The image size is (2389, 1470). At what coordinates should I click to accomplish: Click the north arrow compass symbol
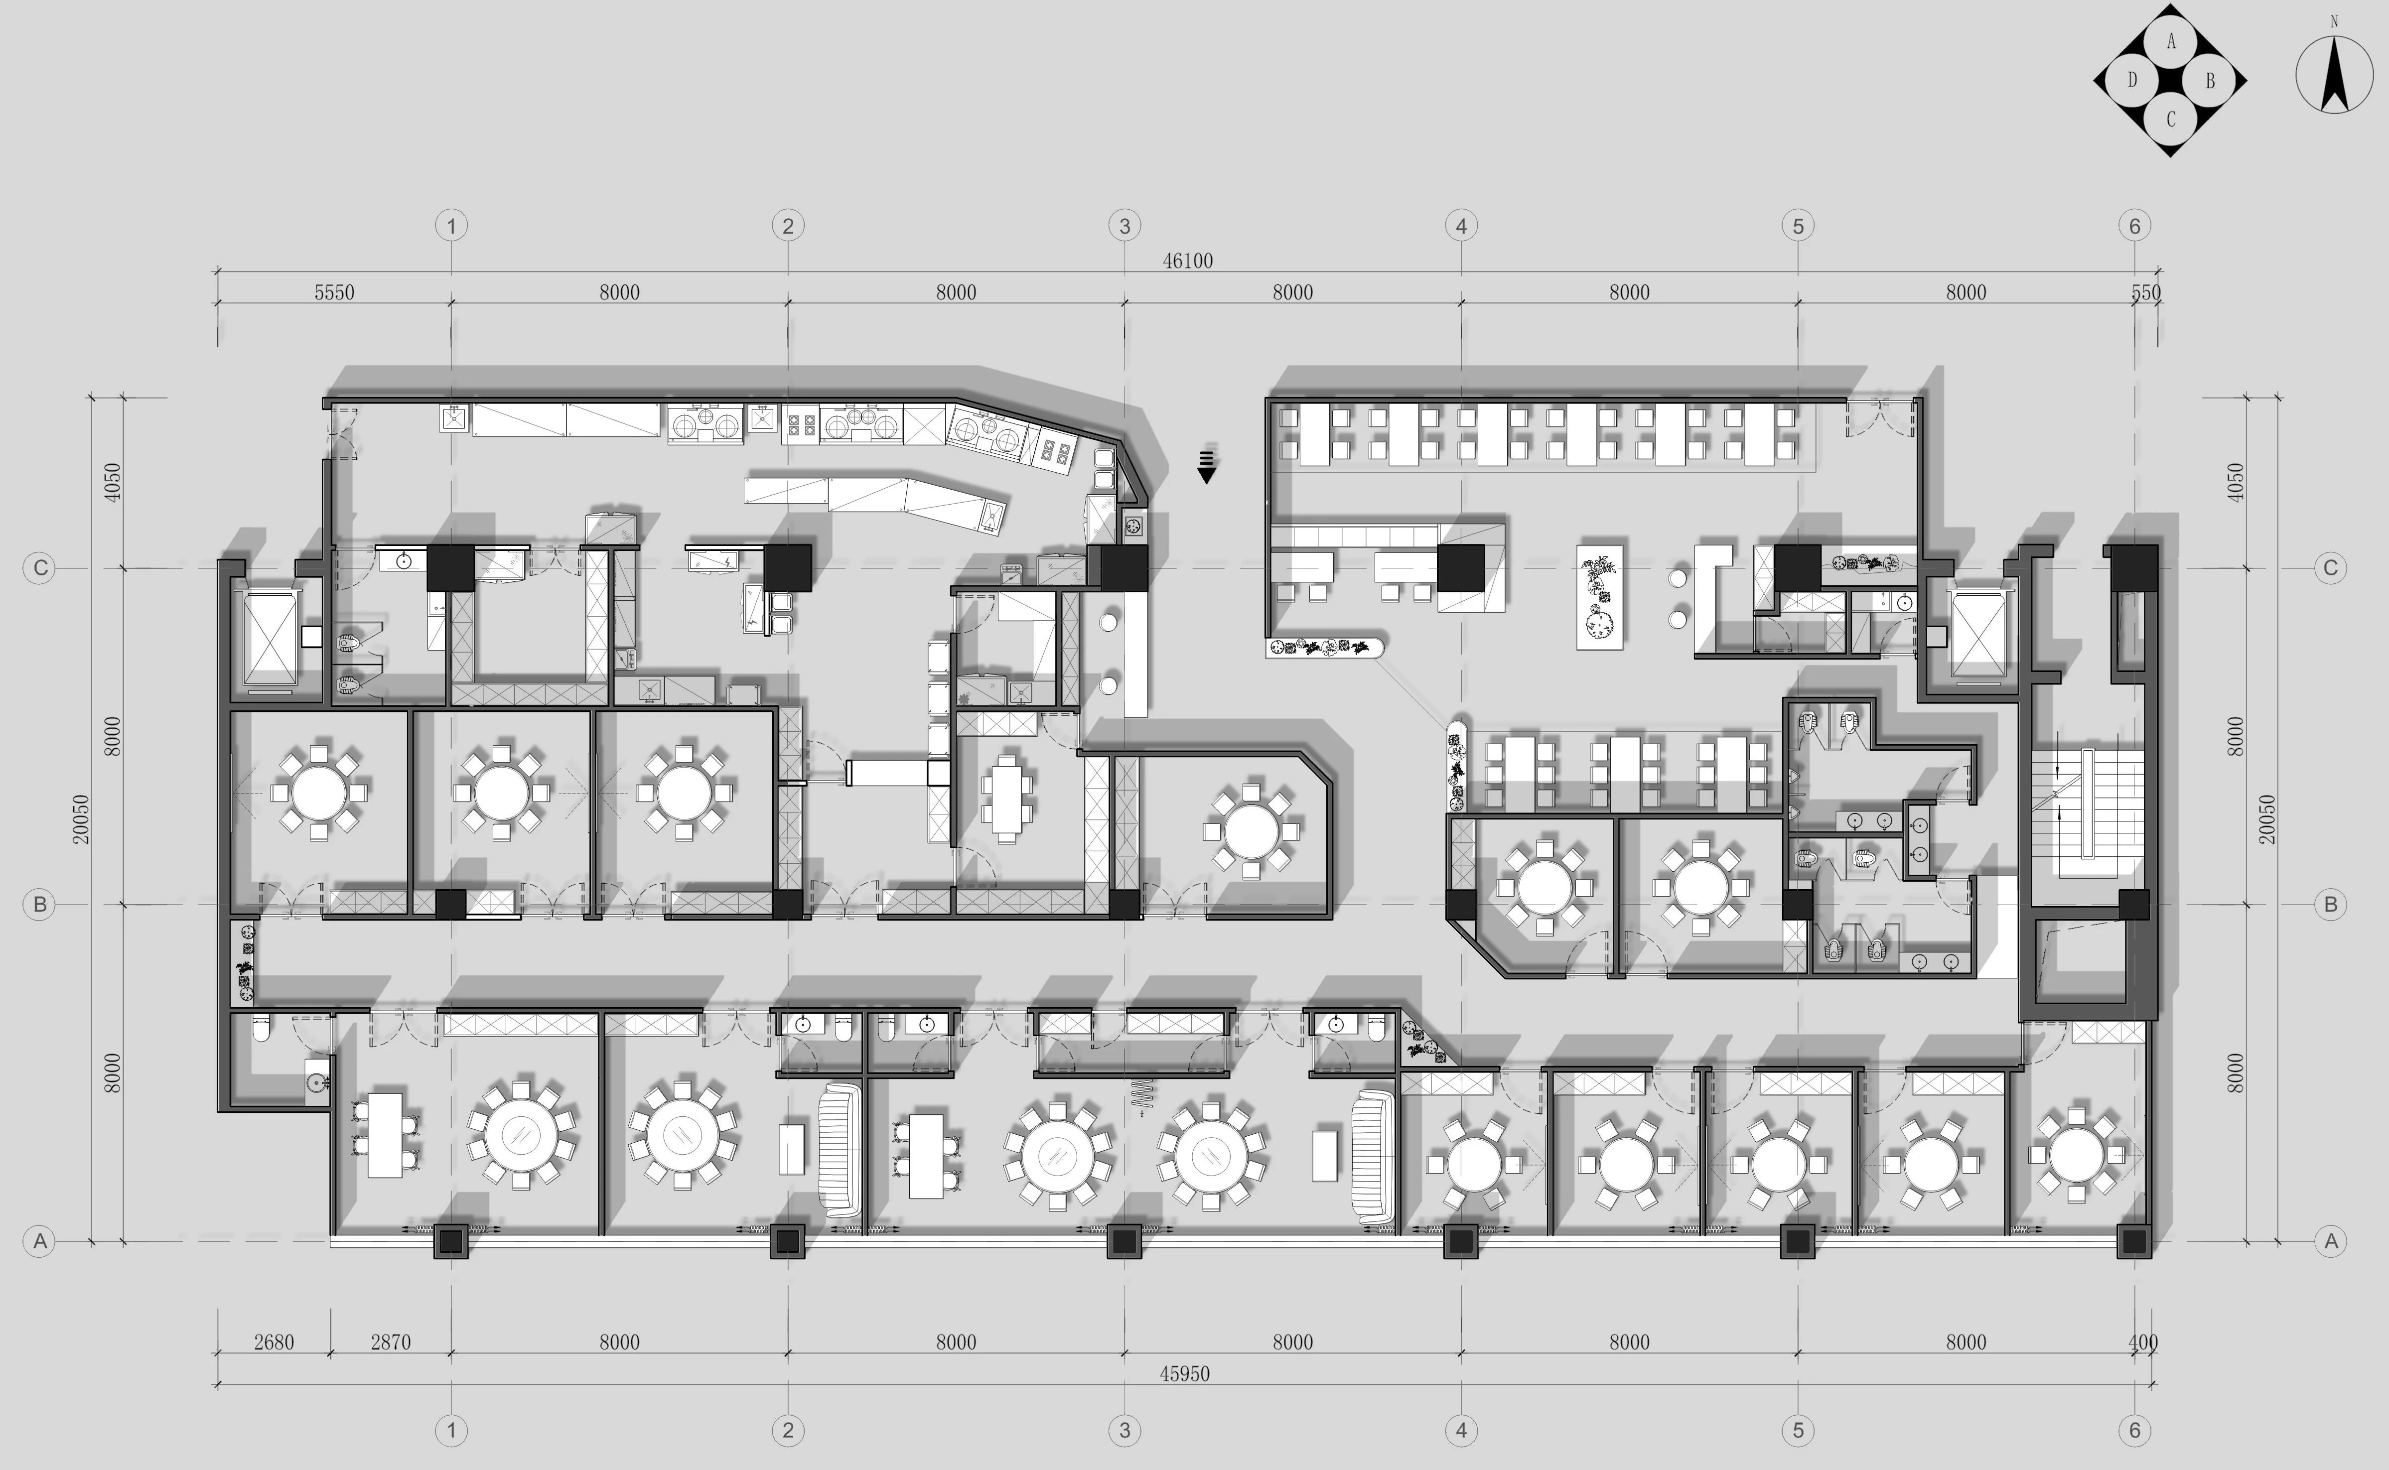click(2334, 74)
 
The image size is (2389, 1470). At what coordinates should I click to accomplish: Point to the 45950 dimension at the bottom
click(1184, 1374)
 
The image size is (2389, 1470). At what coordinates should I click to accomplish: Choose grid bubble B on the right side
click(2331, 904)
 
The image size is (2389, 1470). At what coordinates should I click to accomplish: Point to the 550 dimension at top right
click(2145, 292)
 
